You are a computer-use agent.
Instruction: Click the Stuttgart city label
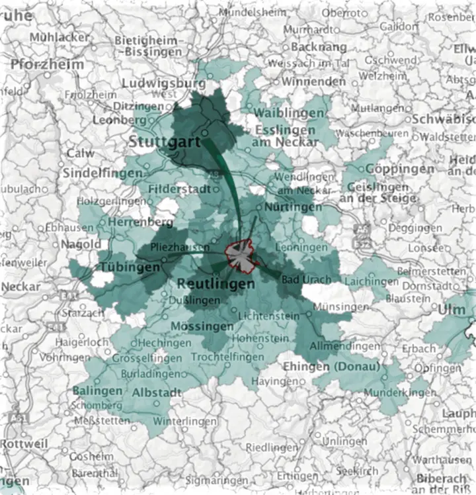click(165, 142)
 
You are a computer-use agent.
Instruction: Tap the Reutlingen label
click(216, 284)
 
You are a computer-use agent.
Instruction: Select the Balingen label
click(98, 390)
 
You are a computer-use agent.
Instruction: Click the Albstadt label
click(157, 392)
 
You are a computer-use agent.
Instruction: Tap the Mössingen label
click(202, 327)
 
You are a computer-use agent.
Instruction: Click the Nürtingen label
click(293, 207)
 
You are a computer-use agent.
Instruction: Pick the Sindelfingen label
click(102, 173)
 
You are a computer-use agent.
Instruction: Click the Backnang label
click(318, 48)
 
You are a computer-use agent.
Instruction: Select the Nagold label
click(81, 245)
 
